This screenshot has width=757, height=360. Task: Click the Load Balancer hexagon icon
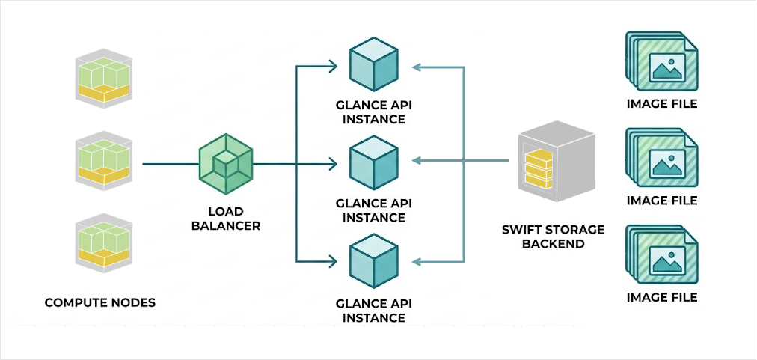point(226,164)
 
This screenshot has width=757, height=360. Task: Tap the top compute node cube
point(105,77)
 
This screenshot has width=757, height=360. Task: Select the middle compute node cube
point(105,162)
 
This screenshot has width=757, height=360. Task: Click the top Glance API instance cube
point(374,66)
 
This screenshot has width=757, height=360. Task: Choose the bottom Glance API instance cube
point(374,261)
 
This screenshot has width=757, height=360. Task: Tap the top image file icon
point(661,64)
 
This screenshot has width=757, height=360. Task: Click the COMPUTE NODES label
point(100,302)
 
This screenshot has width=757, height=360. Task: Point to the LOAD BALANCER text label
point(226,218)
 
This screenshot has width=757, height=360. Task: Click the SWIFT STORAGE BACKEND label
point(553,237)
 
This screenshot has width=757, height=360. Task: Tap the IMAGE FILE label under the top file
point(661,104)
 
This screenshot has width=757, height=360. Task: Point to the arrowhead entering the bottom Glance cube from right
point(417,262)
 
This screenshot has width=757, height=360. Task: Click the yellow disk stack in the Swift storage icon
point(538,170)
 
